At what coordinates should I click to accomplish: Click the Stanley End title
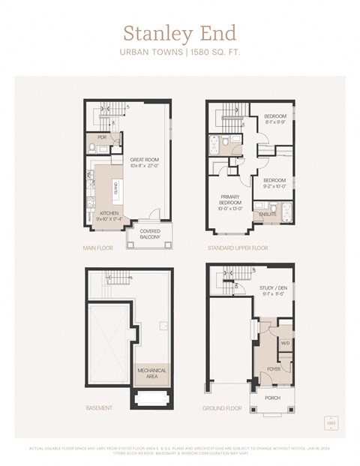(x=179, y=34)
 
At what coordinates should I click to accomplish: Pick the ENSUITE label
(x=267, y=215)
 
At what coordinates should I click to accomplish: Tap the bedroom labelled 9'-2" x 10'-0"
(x=275, y=183)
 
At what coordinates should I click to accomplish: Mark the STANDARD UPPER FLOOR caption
(x=238, y=247)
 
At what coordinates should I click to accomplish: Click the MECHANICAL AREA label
(x=152, y=372)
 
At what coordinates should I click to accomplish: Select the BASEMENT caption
(x=99, y=408)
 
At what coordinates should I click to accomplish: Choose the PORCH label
(x=272, y=398)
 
